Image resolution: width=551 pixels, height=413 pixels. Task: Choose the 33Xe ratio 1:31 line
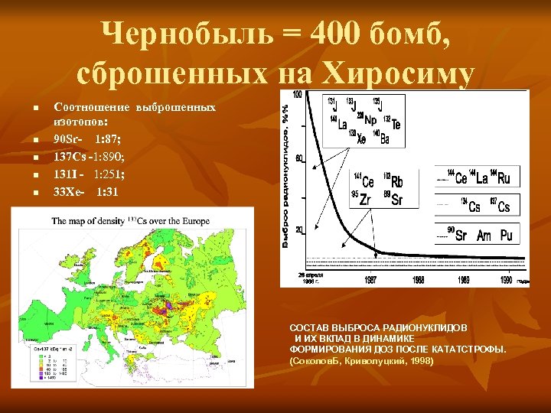86,191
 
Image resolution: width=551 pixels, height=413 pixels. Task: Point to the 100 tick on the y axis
297,94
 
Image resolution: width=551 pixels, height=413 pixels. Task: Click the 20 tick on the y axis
298,229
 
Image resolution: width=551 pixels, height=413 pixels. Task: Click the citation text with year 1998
361,360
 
